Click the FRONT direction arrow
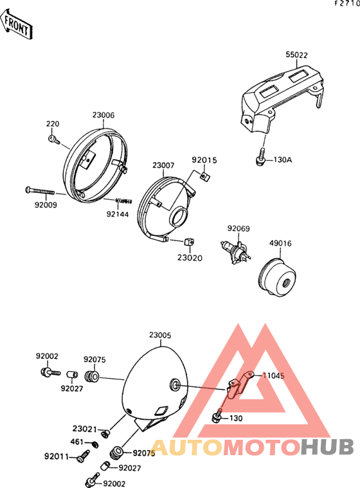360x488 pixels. (x=17, y=24)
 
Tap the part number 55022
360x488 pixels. (x=296, y=55)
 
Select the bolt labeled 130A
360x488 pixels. (x=261, y=157)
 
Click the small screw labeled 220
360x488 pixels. (x=54, y=140)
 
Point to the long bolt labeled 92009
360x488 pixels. (x=40, y=190)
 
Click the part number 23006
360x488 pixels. (x=104, y=115)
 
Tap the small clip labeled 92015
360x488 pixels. (x=205, y=176)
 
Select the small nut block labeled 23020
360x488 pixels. (x=189, y=242)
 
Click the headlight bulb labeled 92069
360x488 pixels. (x=236, y=252)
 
